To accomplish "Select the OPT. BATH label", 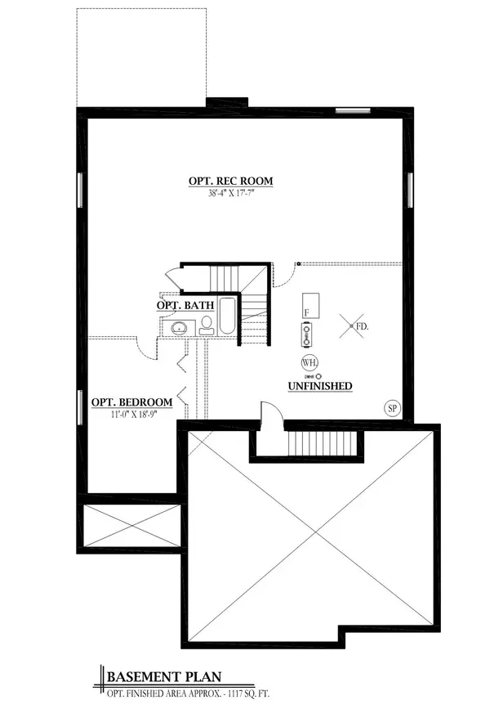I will point(185,305).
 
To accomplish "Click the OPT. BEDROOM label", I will point(131,402).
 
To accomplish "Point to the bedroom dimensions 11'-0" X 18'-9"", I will point(131,414).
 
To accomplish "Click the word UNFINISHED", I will point(319,385).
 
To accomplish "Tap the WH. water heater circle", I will point(310,362).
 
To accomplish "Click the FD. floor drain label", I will point(363,326).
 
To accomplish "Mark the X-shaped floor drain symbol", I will point(352,327).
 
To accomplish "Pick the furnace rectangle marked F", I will point(310,305).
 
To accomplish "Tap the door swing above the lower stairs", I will point(270,413).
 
